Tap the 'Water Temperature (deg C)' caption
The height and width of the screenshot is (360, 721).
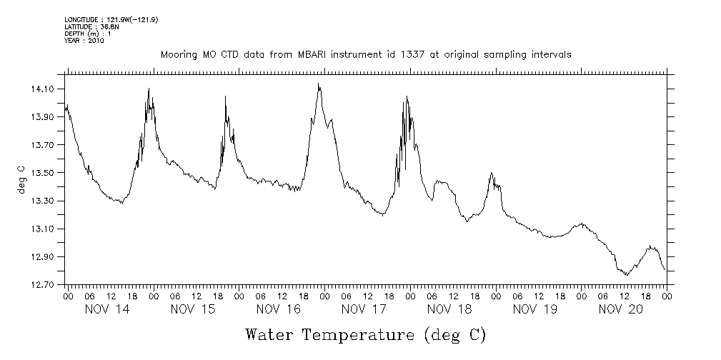coord(365,334)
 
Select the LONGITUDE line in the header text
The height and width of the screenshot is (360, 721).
coord(111,20)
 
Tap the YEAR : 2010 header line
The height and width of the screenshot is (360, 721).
coord(84,41)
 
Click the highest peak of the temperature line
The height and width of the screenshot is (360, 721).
coord(319,84)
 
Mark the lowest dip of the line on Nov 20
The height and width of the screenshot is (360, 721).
coord(627,274)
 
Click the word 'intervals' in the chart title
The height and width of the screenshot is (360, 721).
coord(551,55)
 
